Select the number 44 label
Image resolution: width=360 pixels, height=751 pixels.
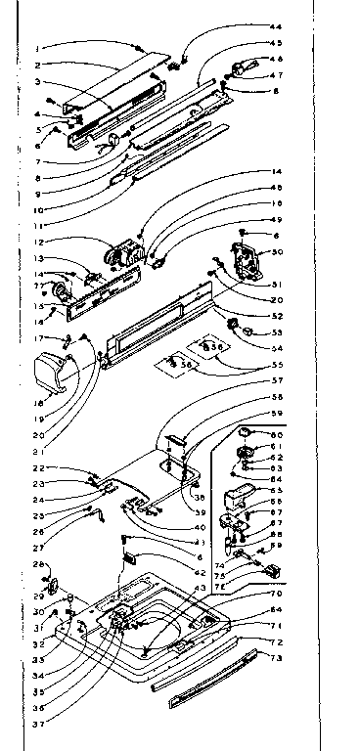[x=275, y=25]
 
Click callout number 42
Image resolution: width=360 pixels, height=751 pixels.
[x=201, y=572]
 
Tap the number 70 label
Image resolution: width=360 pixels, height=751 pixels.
[x=278, y=594]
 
